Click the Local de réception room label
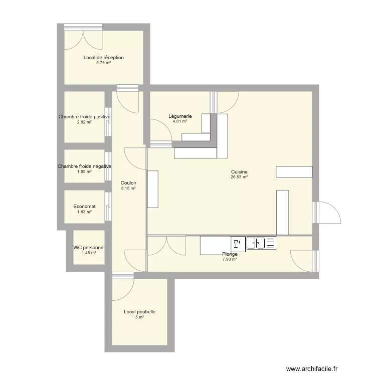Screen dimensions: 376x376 tap(104, 58)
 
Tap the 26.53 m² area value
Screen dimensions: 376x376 tap(239, 177)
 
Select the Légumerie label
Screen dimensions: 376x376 tap(180, 116)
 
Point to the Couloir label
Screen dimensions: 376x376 tap(128, 183)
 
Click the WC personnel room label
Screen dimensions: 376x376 tap(89, 248)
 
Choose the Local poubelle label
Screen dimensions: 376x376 tap(139, 312)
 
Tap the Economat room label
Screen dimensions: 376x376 tap(84, 207)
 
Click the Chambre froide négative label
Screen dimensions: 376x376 tap(84, 166)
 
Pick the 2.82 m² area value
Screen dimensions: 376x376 tap(84, 122)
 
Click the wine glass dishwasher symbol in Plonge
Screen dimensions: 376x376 tap(238, 244)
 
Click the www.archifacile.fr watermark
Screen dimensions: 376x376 tap(312, 368)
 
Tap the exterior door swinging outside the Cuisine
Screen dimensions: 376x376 tap(326, 213)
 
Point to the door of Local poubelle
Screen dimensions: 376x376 tap(123, 286)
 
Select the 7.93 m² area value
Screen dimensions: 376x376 tap(230, 259)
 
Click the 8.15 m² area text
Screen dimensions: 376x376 tap(128, 189)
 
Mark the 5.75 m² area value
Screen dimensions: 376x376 tap(104, 63)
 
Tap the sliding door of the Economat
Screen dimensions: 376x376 tap(108, 207)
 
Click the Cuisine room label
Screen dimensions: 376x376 tap(239, 172)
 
